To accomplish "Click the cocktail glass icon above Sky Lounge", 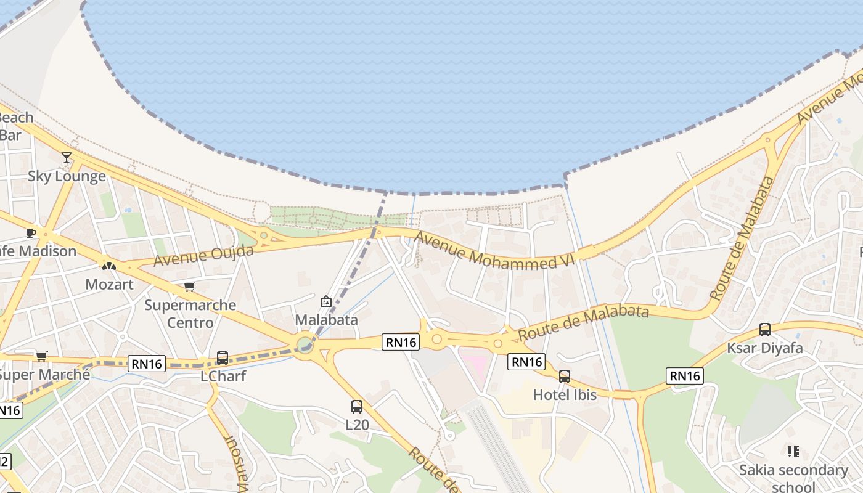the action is [67, 158].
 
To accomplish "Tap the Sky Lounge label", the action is [67, 176].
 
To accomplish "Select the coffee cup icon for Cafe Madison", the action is [30, 233].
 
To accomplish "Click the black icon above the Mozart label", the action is [109, 266].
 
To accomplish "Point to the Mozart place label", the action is [109, 284].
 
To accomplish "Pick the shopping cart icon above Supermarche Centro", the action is [190, 287].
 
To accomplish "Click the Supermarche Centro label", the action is [190, 314].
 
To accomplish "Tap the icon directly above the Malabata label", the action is [326, 301].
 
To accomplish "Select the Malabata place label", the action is [326, 320].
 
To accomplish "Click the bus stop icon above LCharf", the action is [223, 357].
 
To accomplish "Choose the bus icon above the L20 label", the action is [357, 407].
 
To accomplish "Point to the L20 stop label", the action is [357, 425].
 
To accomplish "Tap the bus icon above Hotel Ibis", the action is [565, 377].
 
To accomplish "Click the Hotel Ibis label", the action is [565, 394].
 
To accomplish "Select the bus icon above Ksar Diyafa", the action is [765, 330].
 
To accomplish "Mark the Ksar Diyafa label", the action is [765, 348].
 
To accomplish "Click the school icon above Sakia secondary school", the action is [793, 452].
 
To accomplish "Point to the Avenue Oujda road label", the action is [203, 256].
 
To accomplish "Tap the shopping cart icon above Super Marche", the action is [42, 356].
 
